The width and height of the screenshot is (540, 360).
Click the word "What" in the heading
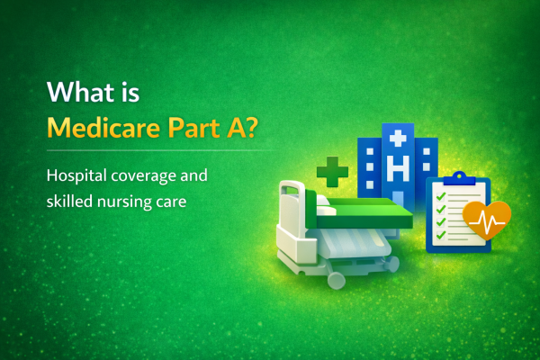[x=75, y=94]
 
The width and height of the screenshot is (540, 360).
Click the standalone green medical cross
[x=332, y=170]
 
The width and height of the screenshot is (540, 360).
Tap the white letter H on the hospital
[x=399, y=167]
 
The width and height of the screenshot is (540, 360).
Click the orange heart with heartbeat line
[x=487, y=221]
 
